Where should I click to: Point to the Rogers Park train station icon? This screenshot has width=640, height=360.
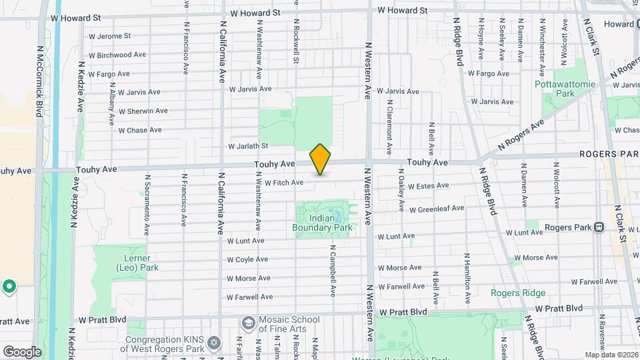(x=599, y=227)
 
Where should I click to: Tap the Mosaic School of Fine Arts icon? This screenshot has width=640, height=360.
(x=248, y=323)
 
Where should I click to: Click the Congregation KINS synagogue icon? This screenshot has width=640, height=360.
(x=214, y=343)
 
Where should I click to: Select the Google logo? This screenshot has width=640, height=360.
(x=22, y=351)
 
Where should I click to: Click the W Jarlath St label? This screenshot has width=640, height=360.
(x=248, y=146)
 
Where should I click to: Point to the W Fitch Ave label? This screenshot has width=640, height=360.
(x=284, y=183)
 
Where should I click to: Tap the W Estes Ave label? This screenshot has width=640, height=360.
(x=431, y=187)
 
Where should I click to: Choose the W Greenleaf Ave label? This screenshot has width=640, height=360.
(x=437, y=209)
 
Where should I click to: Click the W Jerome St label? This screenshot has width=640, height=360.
(x=109, y=36)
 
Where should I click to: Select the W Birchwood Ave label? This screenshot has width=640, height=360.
(x=117, y=55)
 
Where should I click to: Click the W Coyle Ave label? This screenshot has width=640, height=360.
(x=247, y=259)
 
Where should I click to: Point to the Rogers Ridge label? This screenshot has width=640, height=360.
(x=518, y=293)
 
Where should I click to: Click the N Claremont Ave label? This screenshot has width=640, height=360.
(x=389, y=124)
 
